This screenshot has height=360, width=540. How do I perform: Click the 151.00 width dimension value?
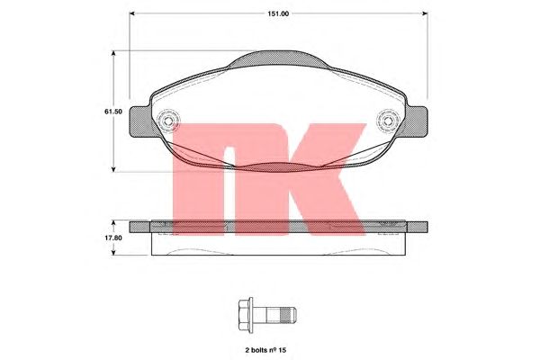pyautogui.click(x=278, y=13)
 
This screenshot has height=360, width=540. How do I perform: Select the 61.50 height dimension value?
pyautogui.click(x=113, y=112)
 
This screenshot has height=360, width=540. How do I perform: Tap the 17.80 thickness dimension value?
pyautogui.click(x=113, y=238)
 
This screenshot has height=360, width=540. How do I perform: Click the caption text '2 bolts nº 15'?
pyautogui.click(x=265, y=350)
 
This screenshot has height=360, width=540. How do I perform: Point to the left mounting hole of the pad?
pyautogui.click(x=168, y=121)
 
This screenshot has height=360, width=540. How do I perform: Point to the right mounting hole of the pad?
pyautogui.click(x=388, y=121)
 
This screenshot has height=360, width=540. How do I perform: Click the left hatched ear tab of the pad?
pyautogui.click(x=140, y=121)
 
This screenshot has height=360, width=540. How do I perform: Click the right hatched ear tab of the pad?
pyautogui.click(x=416, y=121)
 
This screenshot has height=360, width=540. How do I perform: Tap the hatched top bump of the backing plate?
pyautogui.click(x=278, y=58)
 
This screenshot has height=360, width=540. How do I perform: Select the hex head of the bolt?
pyautogui.click(x=245, y=315)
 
